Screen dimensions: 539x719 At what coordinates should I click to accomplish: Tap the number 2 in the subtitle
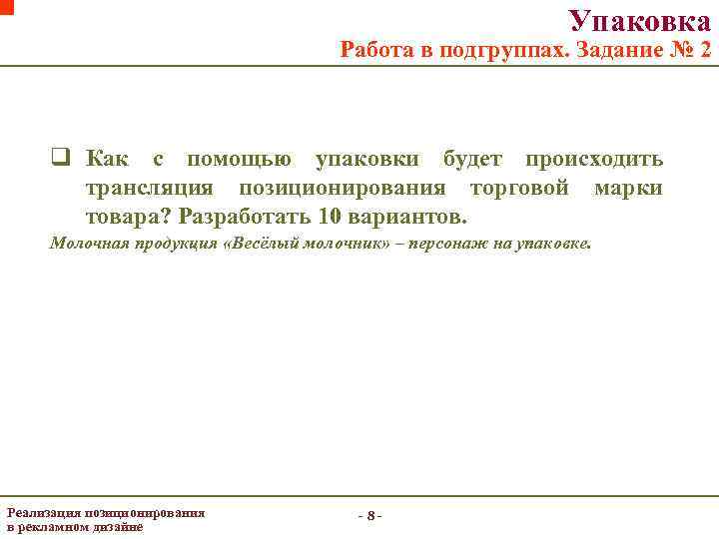705,49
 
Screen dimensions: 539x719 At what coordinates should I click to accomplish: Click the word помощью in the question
240,159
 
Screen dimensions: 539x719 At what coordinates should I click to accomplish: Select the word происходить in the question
593,159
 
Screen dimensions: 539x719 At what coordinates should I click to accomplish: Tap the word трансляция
149,188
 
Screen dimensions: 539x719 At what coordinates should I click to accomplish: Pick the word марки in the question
627,188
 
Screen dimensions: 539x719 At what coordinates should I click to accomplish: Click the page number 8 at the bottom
370,516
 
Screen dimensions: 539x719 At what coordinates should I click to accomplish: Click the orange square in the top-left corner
6,5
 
